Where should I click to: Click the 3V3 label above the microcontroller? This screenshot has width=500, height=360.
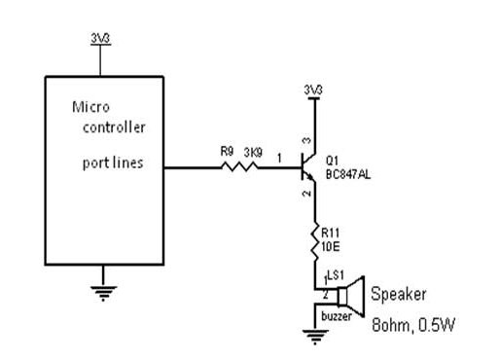[100, 39]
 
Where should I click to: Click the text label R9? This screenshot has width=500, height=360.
[227, 151]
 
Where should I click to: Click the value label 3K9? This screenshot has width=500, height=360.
[251, 151]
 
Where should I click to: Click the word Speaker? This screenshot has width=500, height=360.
[398, 293]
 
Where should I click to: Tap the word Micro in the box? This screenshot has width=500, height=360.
[91, 107]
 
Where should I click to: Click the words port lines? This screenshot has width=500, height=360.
[112, 162]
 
